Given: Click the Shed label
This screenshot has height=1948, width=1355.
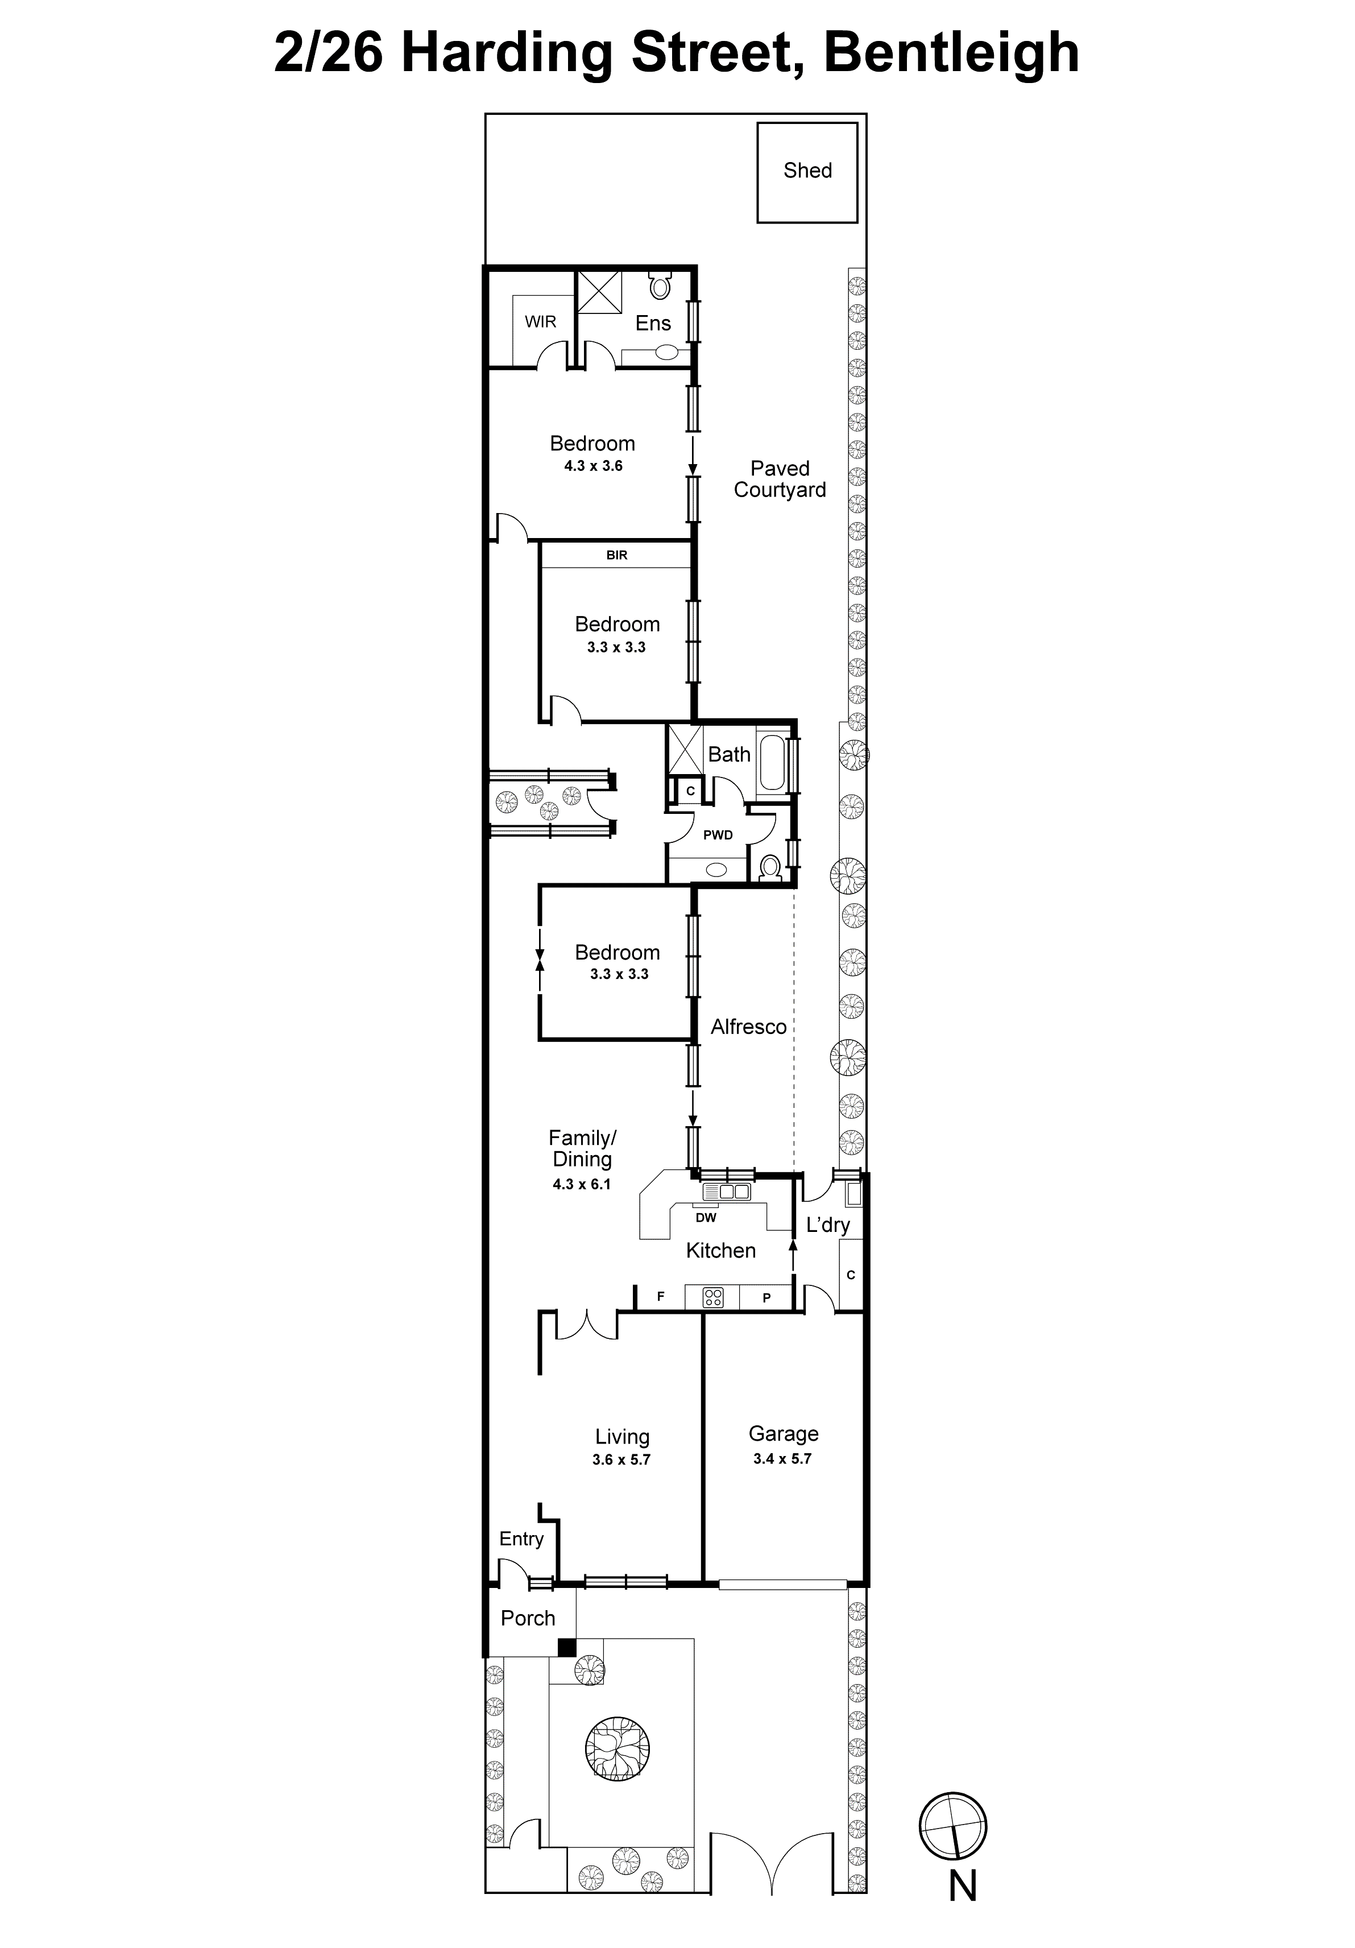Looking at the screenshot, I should pyautogui.click(x=807, y=171).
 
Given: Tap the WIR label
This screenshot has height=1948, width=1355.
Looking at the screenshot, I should pyautogui.click(x=541, y=321).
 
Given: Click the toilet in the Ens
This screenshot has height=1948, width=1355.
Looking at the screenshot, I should pyautogui.click(x=659, y=286).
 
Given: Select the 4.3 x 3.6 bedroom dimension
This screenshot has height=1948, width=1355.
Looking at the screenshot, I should pyautogui.click(x=593, y=466).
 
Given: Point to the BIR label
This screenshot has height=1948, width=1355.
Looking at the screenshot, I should pyautogui.click(x=617, y=555).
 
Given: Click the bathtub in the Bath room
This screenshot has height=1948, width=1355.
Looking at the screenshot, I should pyautogui.click(x=772, y=763).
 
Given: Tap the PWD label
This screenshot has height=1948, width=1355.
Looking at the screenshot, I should pyautogui.click(x=718, y=835).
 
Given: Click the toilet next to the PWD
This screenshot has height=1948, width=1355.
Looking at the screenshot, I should pyautogui.click(x=769, y=868).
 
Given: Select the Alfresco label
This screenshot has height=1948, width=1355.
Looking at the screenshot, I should pyautogui.click(x=748, y=1027).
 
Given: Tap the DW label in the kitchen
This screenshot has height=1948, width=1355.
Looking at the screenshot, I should pyautogui.click(x=706, y=1218).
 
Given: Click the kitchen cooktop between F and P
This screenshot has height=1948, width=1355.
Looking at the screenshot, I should pyautogui.click(x=712, y=1296).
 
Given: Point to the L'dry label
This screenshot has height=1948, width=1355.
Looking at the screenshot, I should pyautogui.click(x=827, y=1225).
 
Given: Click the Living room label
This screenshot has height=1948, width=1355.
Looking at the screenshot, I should pyautogui.click(x=622, y=1436).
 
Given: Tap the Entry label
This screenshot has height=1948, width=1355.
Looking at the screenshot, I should pyautogui.click(x=521, y=1538).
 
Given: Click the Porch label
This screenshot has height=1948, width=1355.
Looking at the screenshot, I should pyautogui.click(x=528, y=1618).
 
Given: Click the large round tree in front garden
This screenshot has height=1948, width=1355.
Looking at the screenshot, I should pyautogui.click(x=617, y=1748).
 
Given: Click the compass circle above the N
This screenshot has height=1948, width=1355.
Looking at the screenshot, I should pyautogui.click(x=953, y=1826).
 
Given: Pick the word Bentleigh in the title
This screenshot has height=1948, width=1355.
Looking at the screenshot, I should pyautogui.click(x=951, y=52).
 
